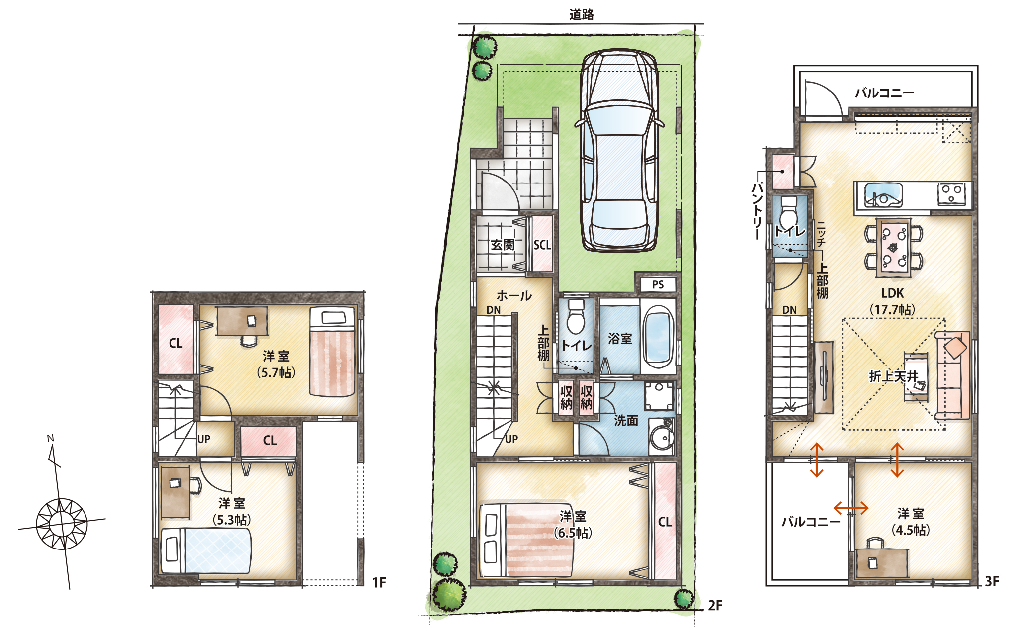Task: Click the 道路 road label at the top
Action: click(x=581, y=14)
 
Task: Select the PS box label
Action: click(x=658, y=285)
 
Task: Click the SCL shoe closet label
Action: click(x=542, y=245)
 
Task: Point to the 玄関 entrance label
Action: click(x=503, y=245)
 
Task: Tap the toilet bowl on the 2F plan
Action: click(x=576, y=316)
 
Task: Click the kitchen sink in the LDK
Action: click(x=883, y=194)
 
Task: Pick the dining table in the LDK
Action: click(x=894, y=247)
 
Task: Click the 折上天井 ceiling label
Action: click(x=893, y=376)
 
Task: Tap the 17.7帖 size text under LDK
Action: click(x=892, y=309)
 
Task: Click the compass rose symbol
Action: click(x=62, y=524)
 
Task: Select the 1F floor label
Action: click(x=379, y=582)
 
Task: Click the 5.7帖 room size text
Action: click(x=276, y=372)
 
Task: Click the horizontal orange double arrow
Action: click(x=850, y=508)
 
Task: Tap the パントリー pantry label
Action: click(x=757, y=211)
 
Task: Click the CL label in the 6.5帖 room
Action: click(x=665, y=522)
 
